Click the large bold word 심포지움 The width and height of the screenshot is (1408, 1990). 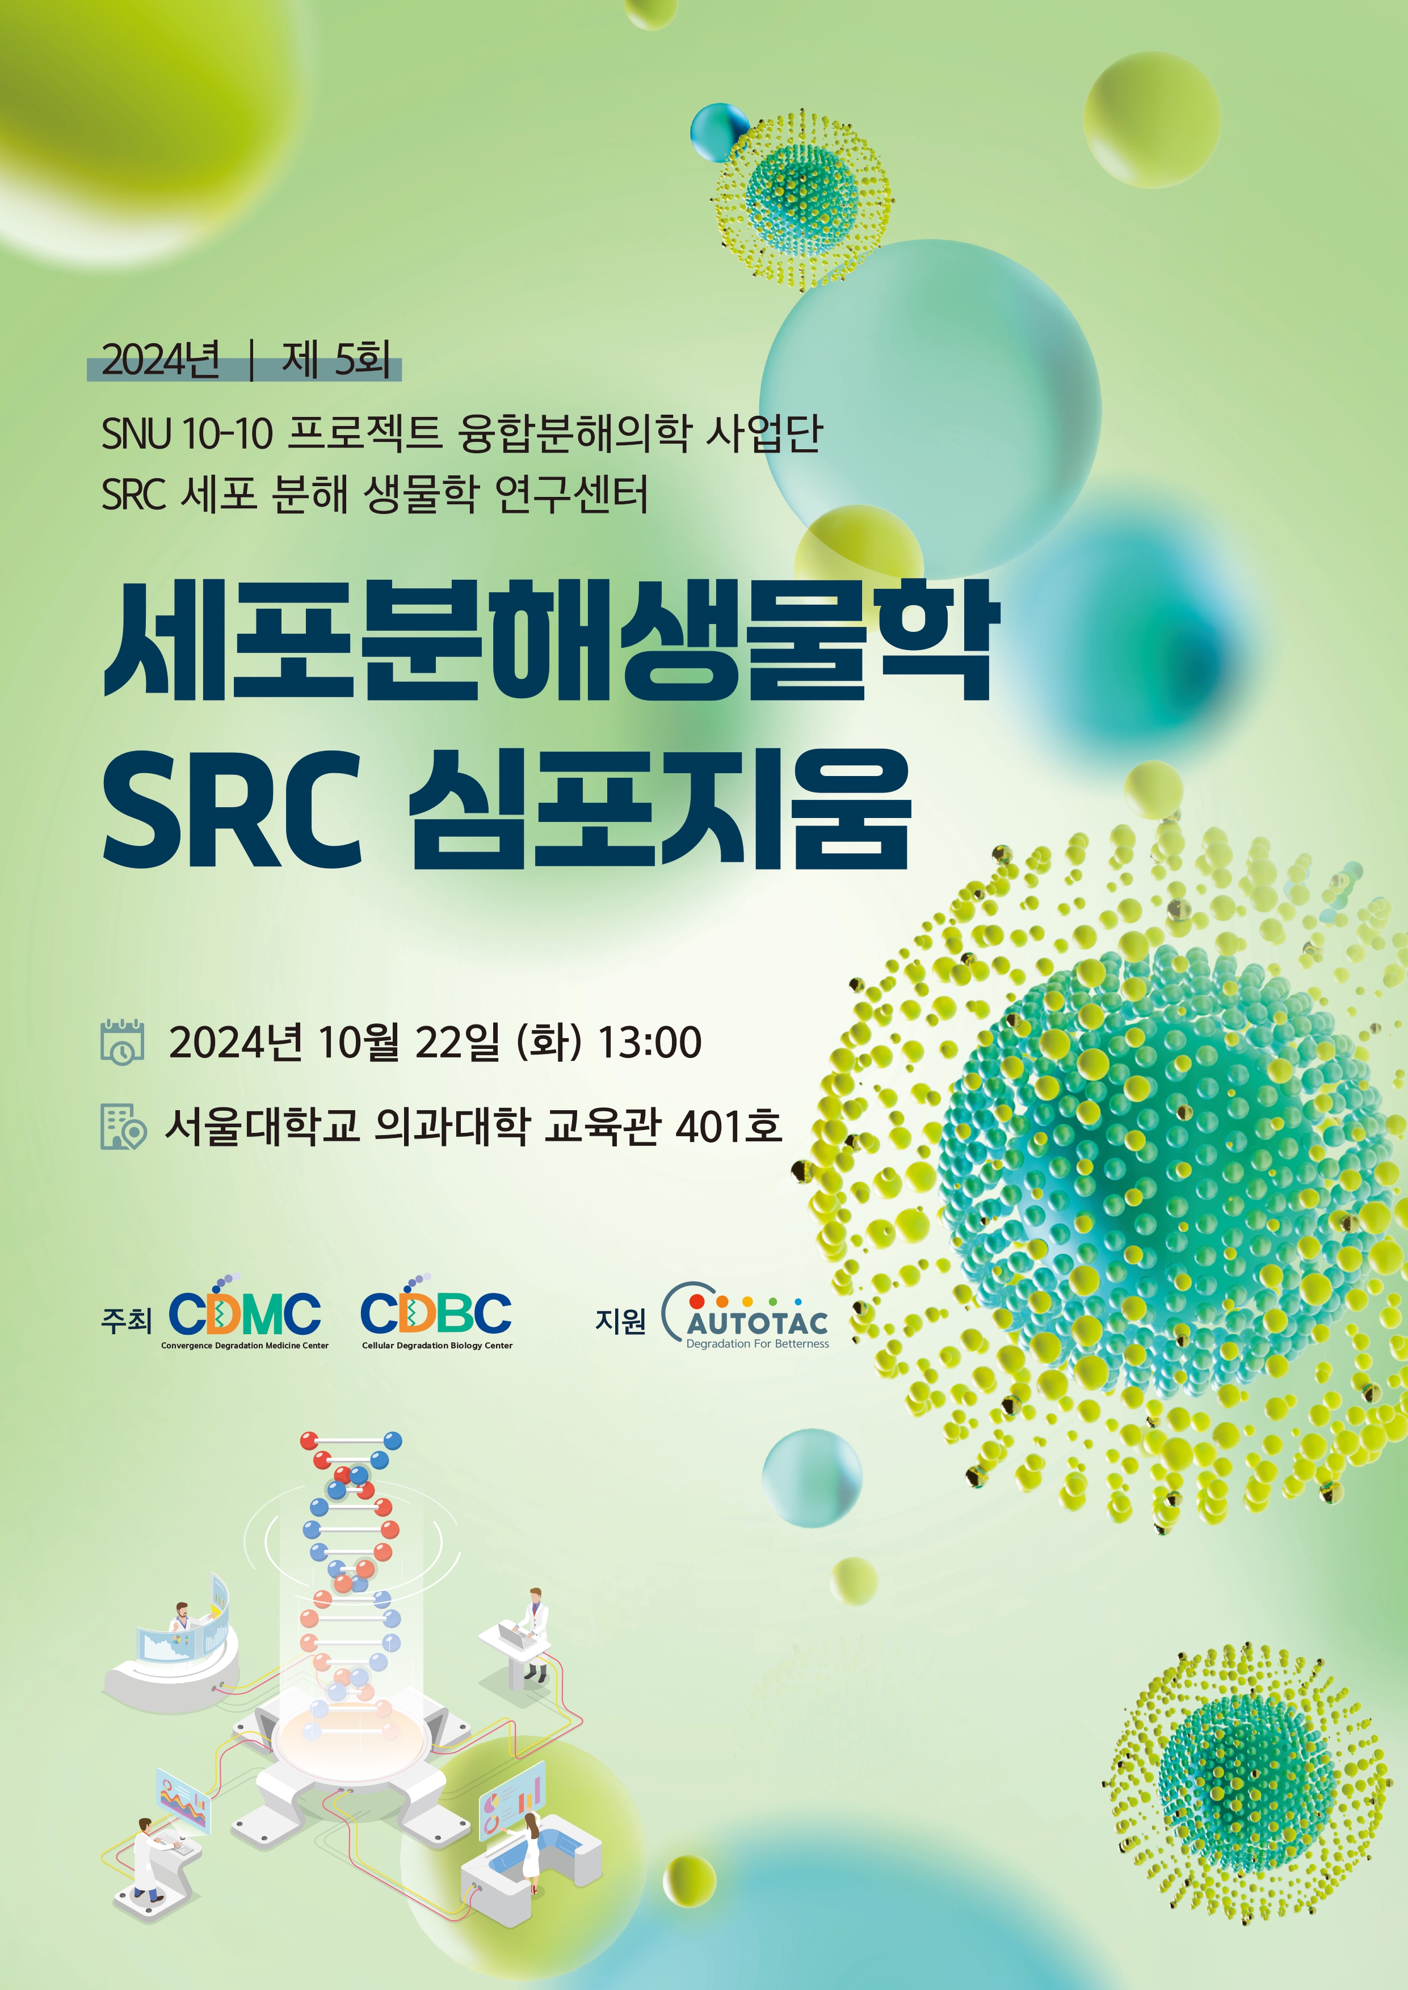(661, 809)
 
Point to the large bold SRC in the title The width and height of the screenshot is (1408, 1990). (232, 810)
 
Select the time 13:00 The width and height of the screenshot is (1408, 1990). (650, 1042)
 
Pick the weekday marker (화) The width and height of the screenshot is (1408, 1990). (549, 1042)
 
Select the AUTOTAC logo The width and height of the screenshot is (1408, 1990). (746, 1316)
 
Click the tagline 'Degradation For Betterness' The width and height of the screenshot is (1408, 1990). (758, 1343)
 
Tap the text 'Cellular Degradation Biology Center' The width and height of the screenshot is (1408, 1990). (437, 1345)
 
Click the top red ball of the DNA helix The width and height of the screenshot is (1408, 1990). (309, 1440)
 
